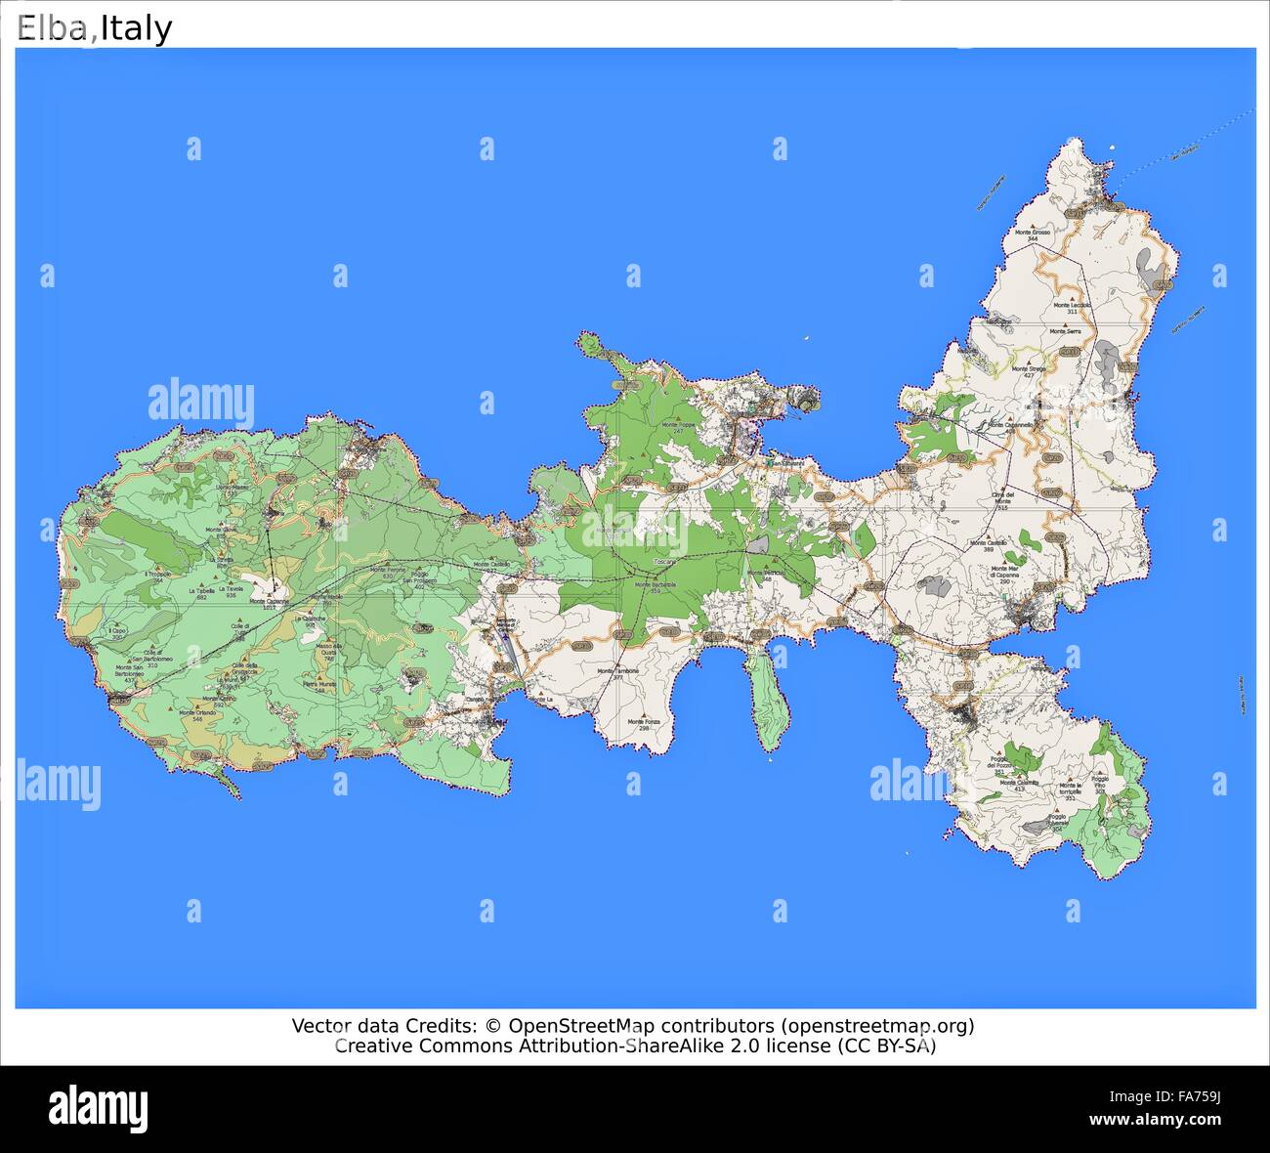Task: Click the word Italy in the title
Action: point(136,28)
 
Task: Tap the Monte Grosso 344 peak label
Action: point(1033,235)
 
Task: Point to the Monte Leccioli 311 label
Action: point(1072,308)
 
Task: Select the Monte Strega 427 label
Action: point(1029,371)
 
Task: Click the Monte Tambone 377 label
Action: point(618,673)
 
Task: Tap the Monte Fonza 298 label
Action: point(644,724)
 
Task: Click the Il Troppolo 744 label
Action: point(158,576)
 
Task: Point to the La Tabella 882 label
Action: point(202,593)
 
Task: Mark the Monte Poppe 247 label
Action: point(677,427)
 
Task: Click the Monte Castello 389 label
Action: point(988,545)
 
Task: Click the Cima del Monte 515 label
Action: point(1001,500)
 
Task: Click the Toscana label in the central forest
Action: point(664,563)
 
